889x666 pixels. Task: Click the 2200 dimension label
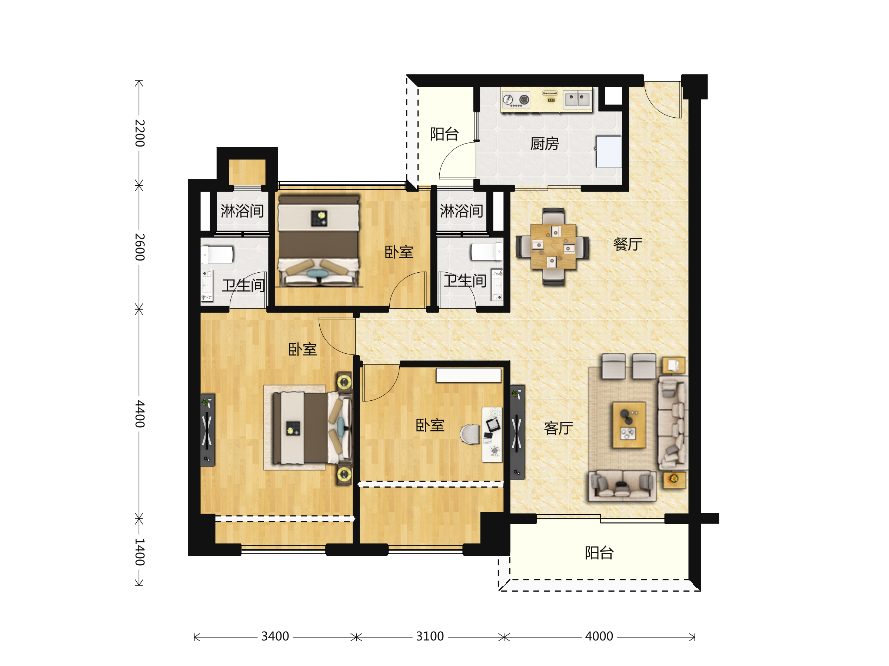(139, 133)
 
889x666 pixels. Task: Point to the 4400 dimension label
(139, 414)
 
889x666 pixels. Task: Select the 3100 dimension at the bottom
(430, 636)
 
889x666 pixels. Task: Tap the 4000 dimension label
(599, 636)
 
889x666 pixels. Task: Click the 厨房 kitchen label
(545, 143)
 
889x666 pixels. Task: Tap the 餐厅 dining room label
(628, 244)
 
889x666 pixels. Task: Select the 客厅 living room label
(559, 428)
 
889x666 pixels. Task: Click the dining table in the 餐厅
(553, 246)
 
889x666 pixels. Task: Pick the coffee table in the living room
(629, 425)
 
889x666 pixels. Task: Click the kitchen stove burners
(516, 100)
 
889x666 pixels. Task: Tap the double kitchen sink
(577, 99)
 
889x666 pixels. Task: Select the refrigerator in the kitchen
(609, 151)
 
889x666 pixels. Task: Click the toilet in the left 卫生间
(217, 255)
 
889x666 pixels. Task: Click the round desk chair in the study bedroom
(470, 434)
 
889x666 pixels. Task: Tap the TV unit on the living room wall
(517, 433)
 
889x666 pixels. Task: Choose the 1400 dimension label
(139, 552)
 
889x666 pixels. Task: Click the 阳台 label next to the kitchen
(444, 134)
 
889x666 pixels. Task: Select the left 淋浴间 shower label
(242, 211)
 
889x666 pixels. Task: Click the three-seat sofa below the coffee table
(622, 486)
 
